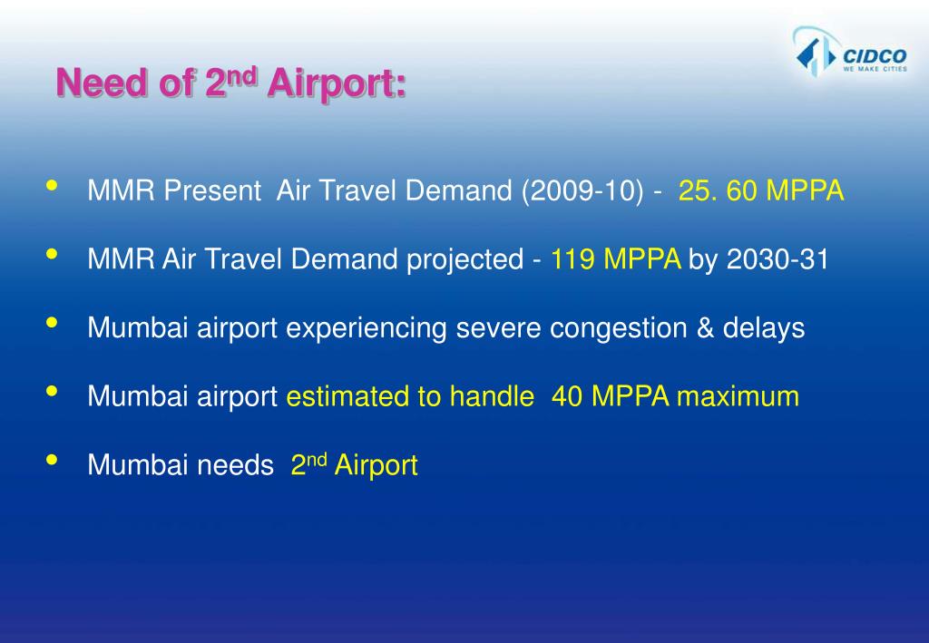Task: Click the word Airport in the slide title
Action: [337, 85]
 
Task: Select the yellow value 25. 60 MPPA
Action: [761, 191]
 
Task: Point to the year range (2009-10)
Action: [582, 191]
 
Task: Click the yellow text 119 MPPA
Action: [616, 260]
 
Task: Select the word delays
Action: [764, 327]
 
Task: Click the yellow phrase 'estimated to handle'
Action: [410, 396]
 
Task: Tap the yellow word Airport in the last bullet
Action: [376, 466]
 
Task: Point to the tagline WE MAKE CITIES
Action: [875, 69]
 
